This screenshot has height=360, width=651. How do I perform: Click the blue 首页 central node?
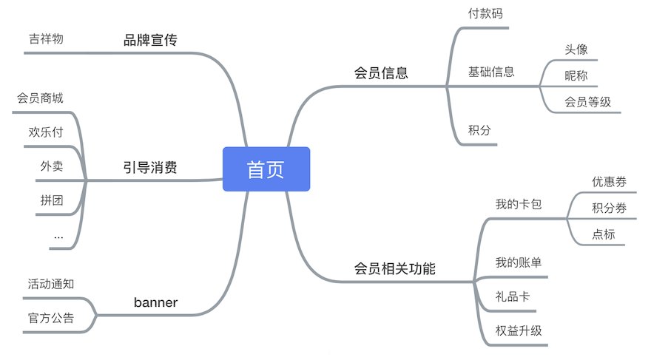click(x=266, y=169)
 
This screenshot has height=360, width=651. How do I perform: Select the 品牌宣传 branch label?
click(x=150, y=40)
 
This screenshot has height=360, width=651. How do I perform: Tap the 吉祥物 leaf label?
click(x=46, y=38)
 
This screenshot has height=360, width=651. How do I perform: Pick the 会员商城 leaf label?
click(x=40, y=98)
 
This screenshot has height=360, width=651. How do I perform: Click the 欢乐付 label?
click(x=46, y=132)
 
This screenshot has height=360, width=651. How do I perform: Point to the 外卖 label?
click(x=52, y=166)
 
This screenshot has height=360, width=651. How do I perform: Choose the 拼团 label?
click(x=52, y=200)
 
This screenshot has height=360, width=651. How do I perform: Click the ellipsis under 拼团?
click(x=58, y=237)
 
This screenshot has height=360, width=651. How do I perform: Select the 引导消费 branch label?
click(x=150, y=167)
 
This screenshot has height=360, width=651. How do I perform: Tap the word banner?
click(x=155, y=302)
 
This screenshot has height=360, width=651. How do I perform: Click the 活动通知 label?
click(x=51, y=284)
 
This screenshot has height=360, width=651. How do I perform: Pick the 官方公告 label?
click(x=51, y=318)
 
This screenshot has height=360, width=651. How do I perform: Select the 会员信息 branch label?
click(x=381, y=72)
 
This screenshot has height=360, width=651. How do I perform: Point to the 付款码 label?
click(x=485, y=13)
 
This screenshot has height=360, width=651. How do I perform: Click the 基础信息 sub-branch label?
click(x=491, y=72)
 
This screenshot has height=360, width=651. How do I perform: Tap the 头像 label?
click(x=576, y=50)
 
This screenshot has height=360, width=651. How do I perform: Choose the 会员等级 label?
click(x=587, y=101)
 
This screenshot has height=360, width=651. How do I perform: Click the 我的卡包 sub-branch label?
click(x=519, y=203)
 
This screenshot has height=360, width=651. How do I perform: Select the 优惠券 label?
click(x=609, y=181)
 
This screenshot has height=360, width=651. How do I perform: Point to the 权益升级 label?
click(x=519, y=330)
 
